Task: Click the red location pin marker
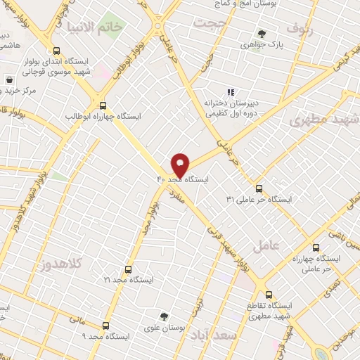point(180,165)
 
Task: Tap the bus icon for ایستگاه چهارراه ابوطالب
point(103,103)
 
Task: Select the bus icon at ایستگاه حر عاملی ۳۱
point(259,188)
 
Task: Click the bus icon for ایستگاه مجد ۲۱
point(128,269)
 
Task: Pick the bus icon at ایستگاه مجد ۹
point(105,326)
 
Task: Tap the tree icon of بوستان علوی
point(164,316)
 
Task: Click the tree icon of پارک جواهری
point(262,33)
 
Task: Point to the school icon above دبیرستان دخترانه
point(229,91)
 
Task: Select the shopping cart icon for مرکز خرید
point(9,80)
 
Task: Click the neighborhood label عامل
point(265,245)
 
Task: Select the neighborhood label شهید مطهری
point(323,117)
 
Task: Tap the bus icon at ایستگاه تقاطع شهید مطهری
point(269,295)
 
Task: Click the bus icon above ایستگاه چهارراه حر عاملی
point(316,247)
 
